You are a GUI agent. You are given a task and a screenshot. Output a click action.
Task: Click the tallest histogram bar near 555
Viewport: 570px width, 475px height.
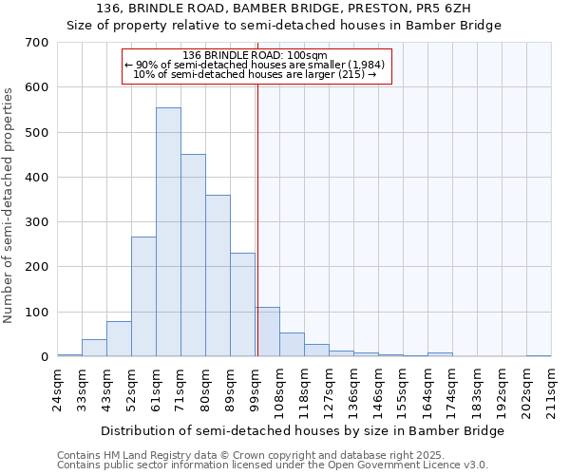[168, 233]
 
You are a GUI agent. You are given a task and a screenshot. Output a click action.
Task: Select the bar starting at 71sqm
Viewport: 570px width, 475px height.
[193, 256]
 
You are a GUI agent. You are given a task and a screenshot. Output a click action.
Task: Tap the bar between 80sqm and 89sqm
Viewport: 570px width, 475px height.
[218, 275]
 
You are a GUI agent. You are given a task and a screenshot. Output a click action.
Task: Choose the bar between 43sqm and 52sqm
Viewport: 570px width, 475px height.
[119, 339]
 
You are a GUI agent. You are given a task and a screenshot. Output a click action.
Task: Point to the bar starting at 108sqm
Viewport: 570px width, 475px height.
[292, 345]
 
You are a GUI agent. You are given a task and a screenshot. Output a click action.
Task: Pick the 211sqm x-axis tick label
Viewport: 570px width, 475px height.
[553, 388]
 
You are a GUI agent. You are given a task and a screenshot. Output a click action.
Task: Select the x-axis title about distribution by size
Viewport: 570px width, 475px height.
[302, 430]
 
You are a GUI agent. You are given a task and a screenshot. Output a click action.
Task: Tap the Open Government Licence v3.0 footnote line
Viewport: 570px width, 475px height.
[273, 465]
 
